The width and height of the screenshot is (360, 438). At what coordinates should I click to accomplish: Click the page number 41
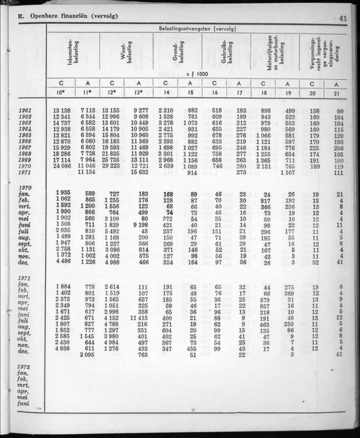pyautogui.click(x=343, y=18)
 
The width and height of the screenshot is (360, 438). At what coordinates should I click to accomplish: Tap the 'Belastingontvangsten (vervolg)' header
pyautogui.click(x=197, y=29)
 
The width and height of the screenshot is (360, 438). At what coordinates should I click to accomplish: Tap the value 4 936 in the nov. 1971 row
pyautogui.click(x=61, y=349)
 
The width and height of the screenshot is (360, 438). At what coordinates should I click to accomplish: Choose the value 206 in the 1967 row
pyautogui.click(x=338, y=148)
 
